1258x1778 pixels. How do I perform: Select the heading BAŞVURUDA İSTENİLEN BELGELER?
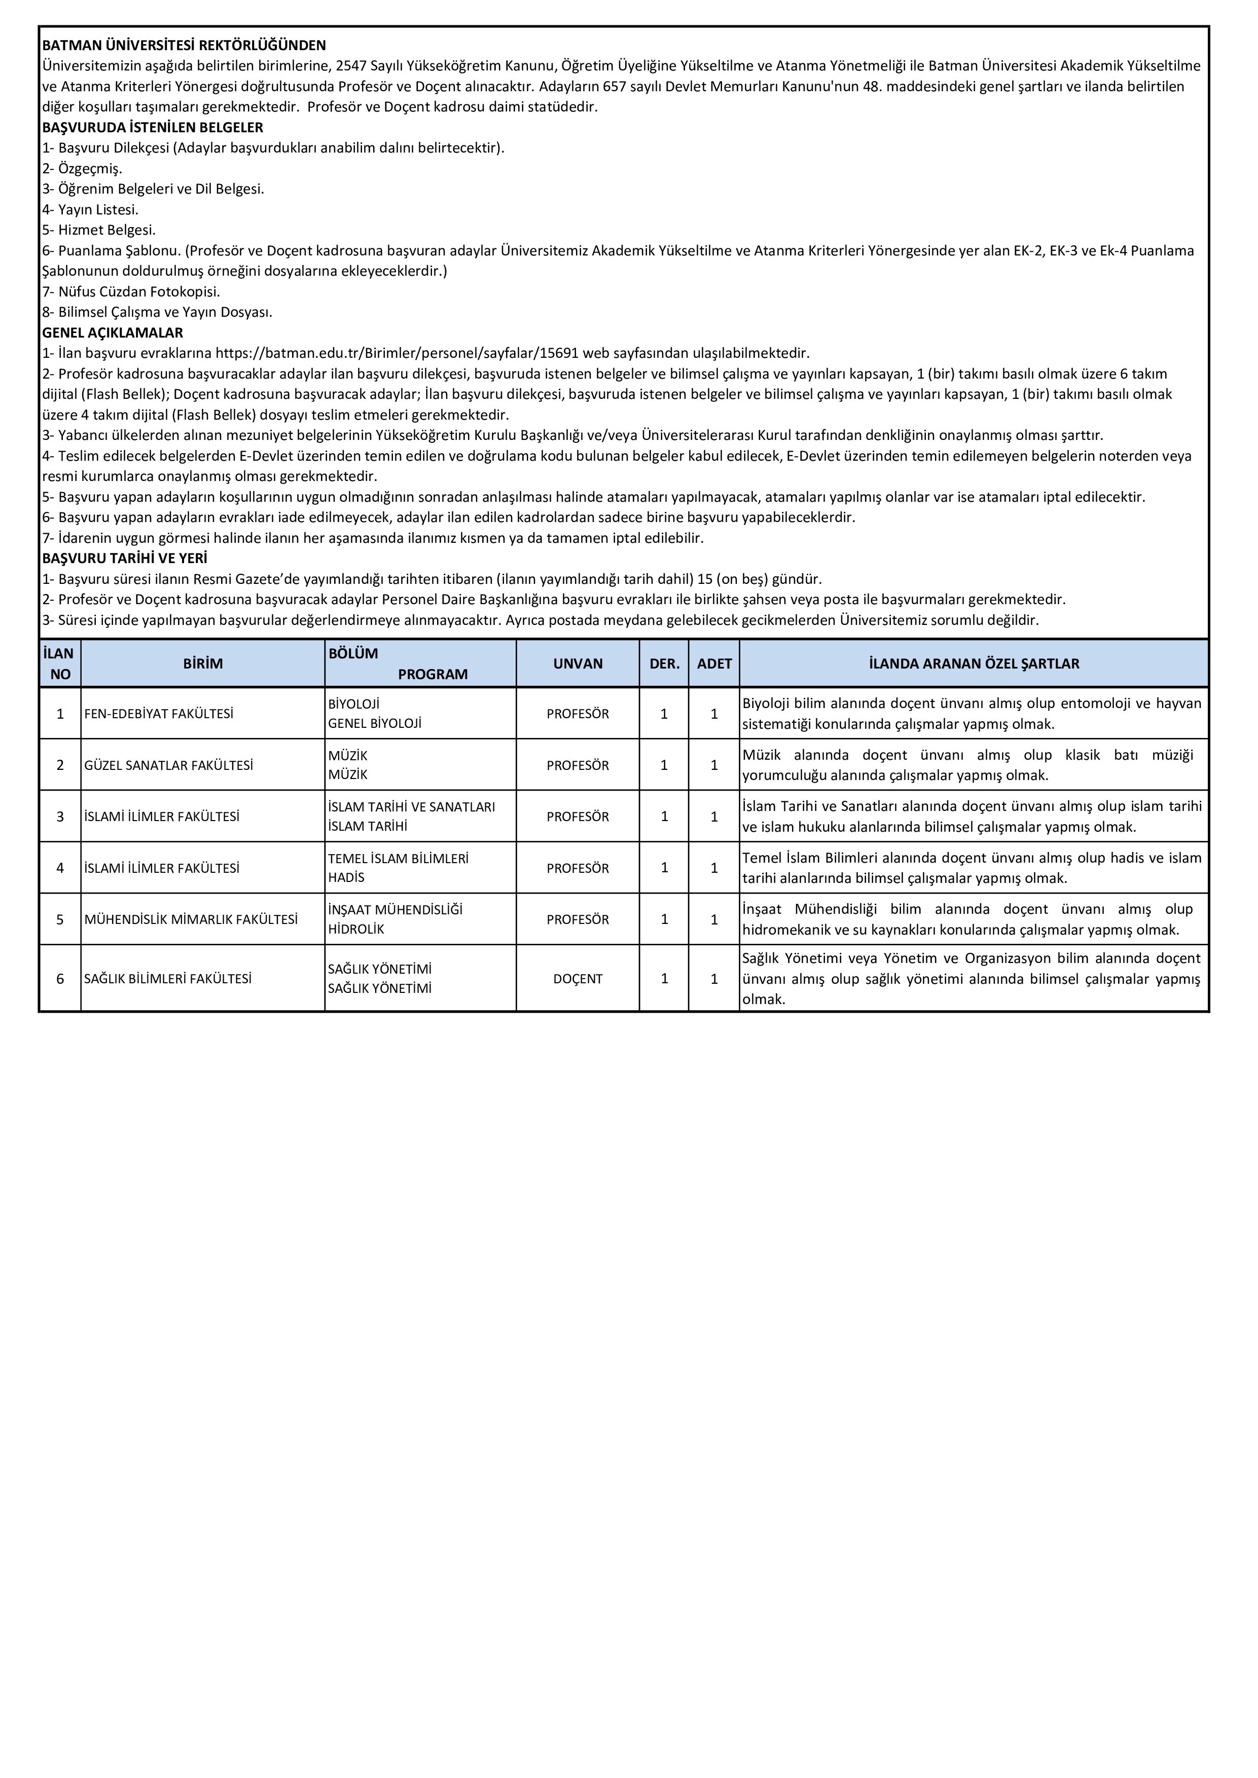pyautogui.click(x=153, y=128)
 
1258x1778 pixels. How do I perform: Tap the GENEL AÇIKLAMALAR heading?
pyautogui.click(x=113, y=333)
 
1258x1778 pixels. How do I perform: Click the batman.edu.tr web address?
pyautogui.click(x=398, y=354)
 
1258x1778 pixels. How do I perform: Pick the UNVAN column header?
pyautogui.click(x=578, y=663)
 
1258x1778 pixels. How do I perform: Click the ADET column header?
pyautogui.click(x=714, y=663)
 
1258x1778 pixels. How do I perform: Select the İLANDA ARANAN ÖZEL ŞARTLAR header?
pyautogui.click(x=974, y=663)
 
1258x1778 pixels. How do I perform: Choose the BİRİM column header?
pyautogui.click(x=203, y=663)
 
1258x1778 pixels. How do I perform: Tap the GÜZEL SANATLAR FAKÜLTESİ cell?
pyautogui.click(x=169, y=765)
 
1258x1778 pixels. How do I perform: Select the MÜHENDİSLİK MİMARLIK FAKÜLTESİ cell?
pyautogui.click(x=191, y=920)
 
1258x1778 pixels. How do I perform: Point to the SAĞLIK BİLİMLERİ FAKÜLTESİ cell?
pyautogui.click(x=168, y=979)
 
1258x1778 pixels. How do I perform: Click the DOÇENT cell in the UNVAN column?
pyautogui.click(x=578, y=979)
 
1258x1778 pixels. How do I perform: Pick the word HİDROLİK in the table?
pyautogui.click(x=356, y=929)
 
